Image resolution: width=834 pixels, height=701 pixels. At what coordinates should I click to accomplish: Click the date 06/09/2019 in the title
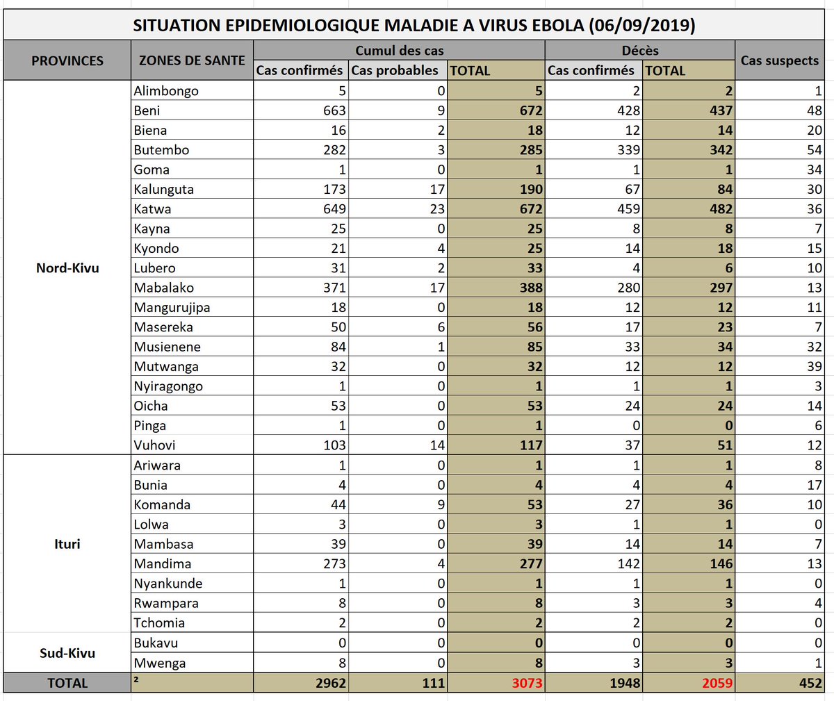click(641, 26)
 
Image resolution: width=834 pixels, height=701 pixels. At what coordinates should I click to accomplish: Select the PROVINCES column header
click(67, 60)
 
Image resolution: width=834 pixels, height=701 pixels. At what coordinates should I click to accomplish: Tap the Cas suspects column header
click(779, 60)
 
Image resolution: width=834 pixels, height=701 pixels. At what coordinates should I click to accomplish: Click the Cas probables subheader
click(394, 70)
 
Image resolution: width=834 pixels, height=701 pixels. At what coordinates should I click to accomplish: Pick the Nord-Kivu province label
click(67, 268)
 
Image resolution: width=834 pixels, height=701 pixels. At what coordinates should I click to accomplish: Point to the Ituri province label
click(67, 544)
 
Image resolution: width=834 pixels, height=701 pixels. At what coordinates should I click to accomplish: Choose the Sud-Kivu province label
click(67, 653)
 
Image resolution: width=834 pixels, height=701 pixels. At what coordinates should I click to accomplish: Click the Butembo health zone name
click(161, 150)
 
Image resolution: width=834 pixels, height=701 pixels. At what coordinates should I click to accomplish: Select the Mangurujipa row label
click(172, 308)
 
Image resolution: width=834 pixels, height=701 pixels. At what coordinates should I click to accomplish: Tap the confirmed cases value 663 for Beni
click(334, 110)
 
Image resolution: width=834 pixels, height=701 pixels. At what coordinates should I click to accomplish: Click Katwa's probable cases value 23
click(436, 209)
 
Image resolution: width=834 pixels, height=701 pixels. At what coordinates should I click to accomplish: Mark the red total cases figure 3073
click(527, 684)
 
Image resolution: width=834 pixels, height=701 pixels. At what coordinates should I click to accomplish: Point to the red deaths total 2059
click(717, 684)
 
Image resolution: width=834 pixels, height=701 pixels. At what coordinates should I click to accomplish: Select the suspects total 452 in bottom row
click(810, 684)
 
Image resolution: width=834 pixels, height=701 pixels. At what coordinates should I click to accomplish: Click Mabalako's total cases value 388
click(531, 288)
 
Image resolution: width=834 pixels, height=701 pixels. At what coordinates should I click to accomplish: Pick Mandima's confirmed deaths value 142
click(628, 564)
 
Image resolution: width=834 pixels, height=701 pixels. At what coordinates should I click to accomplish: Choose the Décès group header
click(640, 51)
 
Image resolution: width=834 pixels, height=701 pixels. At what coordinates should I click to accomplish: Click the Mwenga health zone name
click(160, 663)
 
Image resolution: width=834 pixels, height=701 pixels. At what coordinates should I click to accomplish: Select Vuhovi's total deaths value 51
click(725, 445)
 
